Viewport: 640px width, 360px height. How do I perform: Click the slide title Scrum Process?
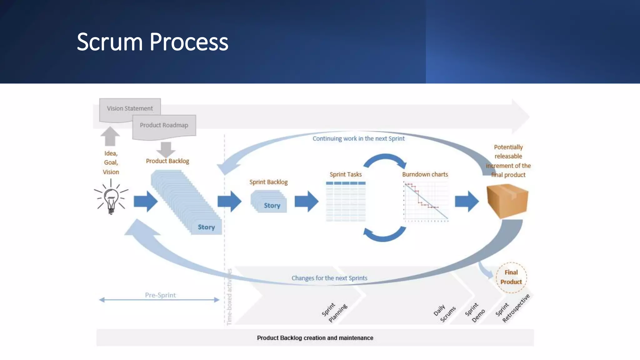(x=152, y=42)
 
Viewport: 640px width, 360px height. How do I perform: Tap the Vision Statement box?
(x=130, y=109)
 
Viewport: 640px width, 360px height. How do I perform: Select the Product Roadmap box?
(x=164, y=125)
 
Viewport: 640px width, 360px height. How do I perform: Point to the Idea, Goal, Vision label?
(x=111, y=162)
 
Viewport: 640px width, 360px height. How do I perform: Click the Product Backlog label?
(x=167, y=161)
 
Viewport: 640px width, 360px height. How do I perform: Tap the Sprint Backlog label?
(x=268, y=182)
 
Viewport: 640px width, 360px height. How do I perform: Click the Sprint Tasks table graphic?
(x=346, y=202)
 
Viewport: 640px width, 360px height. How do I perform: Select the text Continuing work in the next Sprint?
(x=358, y=139)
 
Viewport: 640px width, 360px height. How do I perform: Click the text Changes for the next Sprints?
(x=329, y=278)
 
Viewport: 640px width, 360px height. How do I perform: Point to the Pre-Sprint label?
(x=160, y=295)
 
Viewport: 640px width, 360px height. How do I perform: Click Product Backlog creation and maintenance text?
(x=315, y=338)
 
